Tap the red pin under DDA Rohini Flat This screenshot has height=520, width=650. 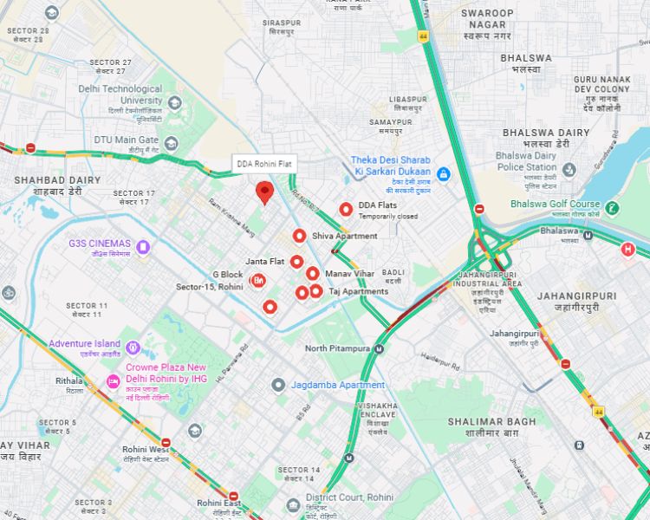[x=265, y=192]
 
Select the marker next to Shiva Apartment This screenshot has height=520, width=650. [x=299, y=236]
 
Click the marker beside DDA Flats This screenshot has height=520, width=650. [x=346, y=209]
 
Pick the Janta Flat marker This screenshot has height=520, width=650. [x=296, y=262]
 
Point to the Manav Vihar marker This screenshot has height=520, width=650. [x=312, y=274]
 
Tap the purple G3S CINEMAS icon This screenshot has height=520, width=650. [x=143, y=247]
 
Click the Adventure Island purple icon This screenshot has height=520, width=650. [x=133, y=348]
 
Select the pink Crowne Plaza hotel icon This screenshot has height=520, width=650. [x=113, y=382]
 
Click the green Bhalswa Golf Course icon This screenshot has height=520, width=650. [x=613, y=207]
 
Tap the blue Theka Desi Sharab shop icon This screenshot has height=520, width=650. [x=443, y=174]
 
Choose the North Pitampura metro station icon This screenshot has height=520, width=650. [x=378, y=348]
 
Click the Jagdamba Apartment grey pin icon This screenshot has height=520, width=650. [x=278, y=385]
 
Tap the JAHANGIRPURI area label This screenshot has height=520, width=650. [x=576, y=296]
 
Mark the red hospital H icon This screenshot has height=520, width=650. [x=628, y=250]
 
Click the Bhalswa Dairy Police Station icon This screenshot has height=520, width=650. [x=569, y=169]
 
